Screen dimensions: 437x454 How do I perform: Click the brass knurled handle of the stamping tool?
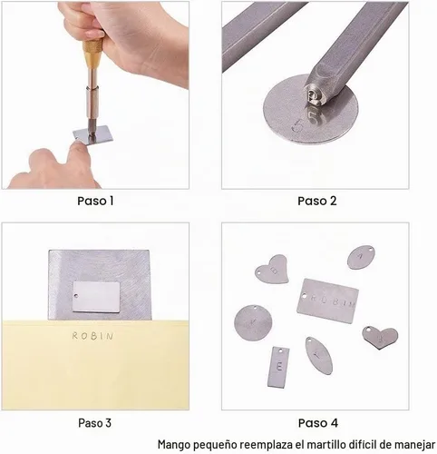92,54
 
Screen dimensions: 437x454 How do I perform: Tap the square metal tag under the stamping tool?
93,134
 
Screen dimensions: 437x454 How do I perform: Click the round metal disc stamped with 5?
311,110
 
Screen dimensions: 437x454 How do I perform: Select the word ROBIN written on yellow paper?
92,336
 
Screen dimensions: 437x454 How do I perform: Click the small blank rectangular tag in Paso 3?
96,297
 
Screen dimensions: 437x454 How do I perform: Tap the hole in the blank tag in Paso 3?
76,296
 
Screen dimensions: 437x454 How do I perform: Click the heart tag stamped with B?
272,270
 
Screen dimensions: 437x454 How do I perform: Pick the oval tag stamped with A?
361,257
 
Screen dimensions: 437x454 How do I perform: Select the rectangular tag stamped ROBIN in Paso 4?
327,301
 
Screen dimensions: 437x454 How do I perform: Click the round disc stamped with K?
253,322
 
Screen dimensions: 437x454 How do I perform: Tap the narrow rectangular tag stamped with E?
278,367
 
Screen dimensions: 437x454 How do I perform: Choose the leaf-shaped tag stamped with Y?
319,356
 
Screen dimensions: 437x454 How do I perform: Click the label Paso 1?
95,201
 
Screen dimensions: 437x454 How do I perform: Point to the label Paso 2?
317,201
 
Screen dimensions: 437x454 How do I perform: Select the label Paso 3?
94,423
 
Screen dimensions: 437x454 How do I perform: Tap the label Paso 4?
318,423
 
